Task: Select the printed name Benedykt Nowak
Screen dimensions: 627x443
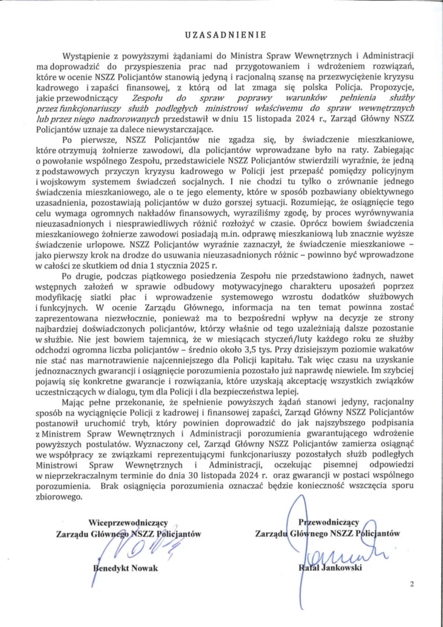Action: [x=125, y=568]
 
